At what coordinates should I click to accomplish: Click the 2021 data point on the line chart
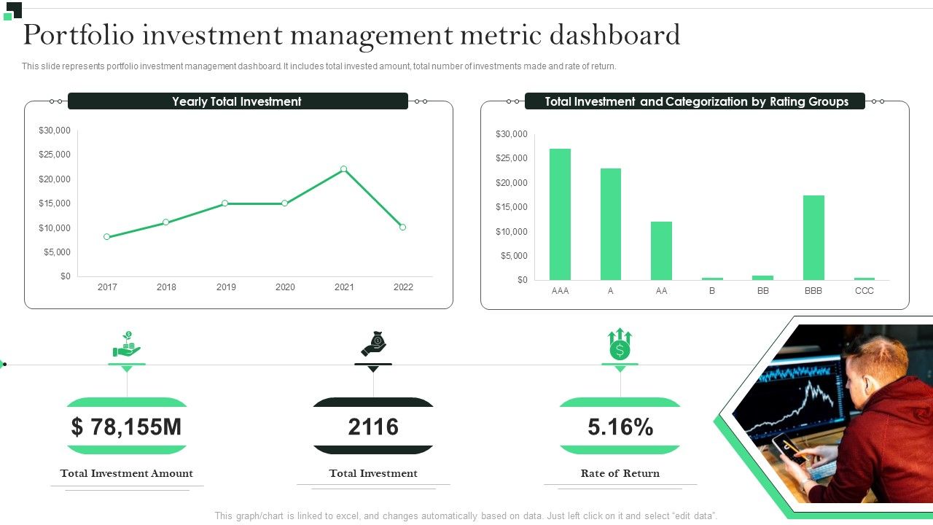tap(344, 169)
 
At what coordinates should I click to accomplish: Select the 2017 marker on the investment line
tap(107, 237)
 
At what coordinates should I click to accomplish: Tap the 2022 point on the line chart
tap(403, 227)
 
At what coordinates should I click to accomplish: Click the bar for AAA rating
tap(560, 214)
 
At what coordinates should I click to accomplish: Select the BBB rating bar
tap(813, 238)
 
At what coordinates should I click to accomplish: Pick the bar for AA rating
tap(661, 251)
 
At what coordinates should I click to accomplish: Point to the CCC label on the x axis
tap(864, 291)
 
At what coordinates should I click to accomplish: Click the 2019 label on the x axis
tap(226, 287)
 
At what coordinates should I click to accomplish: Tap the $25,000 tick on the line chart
tap(55, 155)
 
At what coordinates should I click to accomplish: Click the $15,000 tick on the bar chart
tap(512, 207)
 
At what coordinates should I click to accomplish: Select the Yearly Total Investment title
tap(237, 101)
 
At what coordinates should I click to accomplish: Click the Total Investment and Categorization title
tap(695, 101)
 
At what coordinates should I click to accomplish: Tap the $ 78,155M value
tap(127, 427)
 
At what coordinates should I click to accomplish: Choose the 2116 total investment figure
tap(373, 427)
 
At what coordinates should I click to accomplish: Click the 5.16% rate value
tap(620, 427)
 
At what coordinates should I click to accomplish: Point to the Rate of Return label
tap(620, 473)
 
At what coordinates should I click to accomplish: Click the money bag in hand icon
tap(373, 344)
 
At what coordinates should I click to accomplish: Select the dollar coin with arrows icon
tap(620, 344)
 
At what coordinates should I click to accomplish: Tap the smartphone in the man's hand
tap(788, 447)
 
